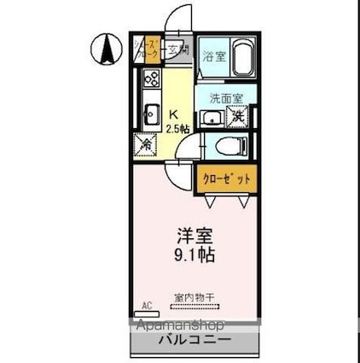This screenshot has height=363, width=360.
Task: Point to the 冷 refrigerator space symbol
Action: (145, 144)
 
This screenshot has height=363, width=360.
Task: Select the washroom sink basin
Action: (211, 117)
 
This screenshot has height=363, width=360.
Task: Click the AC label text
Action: (146, 305)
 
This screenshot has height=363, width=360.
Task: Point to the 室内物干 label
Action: (195, 296)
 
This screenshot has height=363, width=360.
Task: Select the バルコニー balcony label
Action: (194, 340)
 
